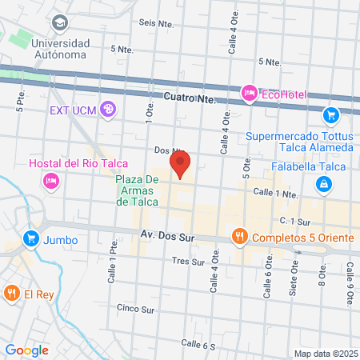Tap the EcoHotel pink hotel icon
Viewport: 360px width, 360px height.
(249, 94)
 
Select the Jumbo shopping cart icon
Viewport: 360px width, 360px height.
(31, 238)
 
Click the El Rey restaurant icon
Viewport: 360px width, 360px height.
(11, 294)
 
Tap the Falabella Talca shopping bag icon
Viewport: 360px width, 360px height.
(322, 185)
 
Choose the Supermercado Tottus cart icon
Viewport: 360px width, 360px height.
(330, 114)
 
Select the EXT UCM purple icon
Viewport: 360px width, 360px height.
(109, 109)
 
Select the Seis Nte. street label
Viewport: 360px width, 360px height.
(156, 23)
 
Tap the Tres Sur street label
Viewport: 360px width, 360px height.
(189, 262)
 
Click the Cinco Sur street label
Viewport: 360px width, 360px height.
(134, 307)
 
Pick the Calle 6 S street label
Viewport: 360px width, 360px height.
(198, 344)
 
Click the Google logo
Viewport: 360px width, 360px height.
(27, 350)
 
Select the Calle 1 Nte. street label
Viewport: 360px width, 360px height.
(274, 193)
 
